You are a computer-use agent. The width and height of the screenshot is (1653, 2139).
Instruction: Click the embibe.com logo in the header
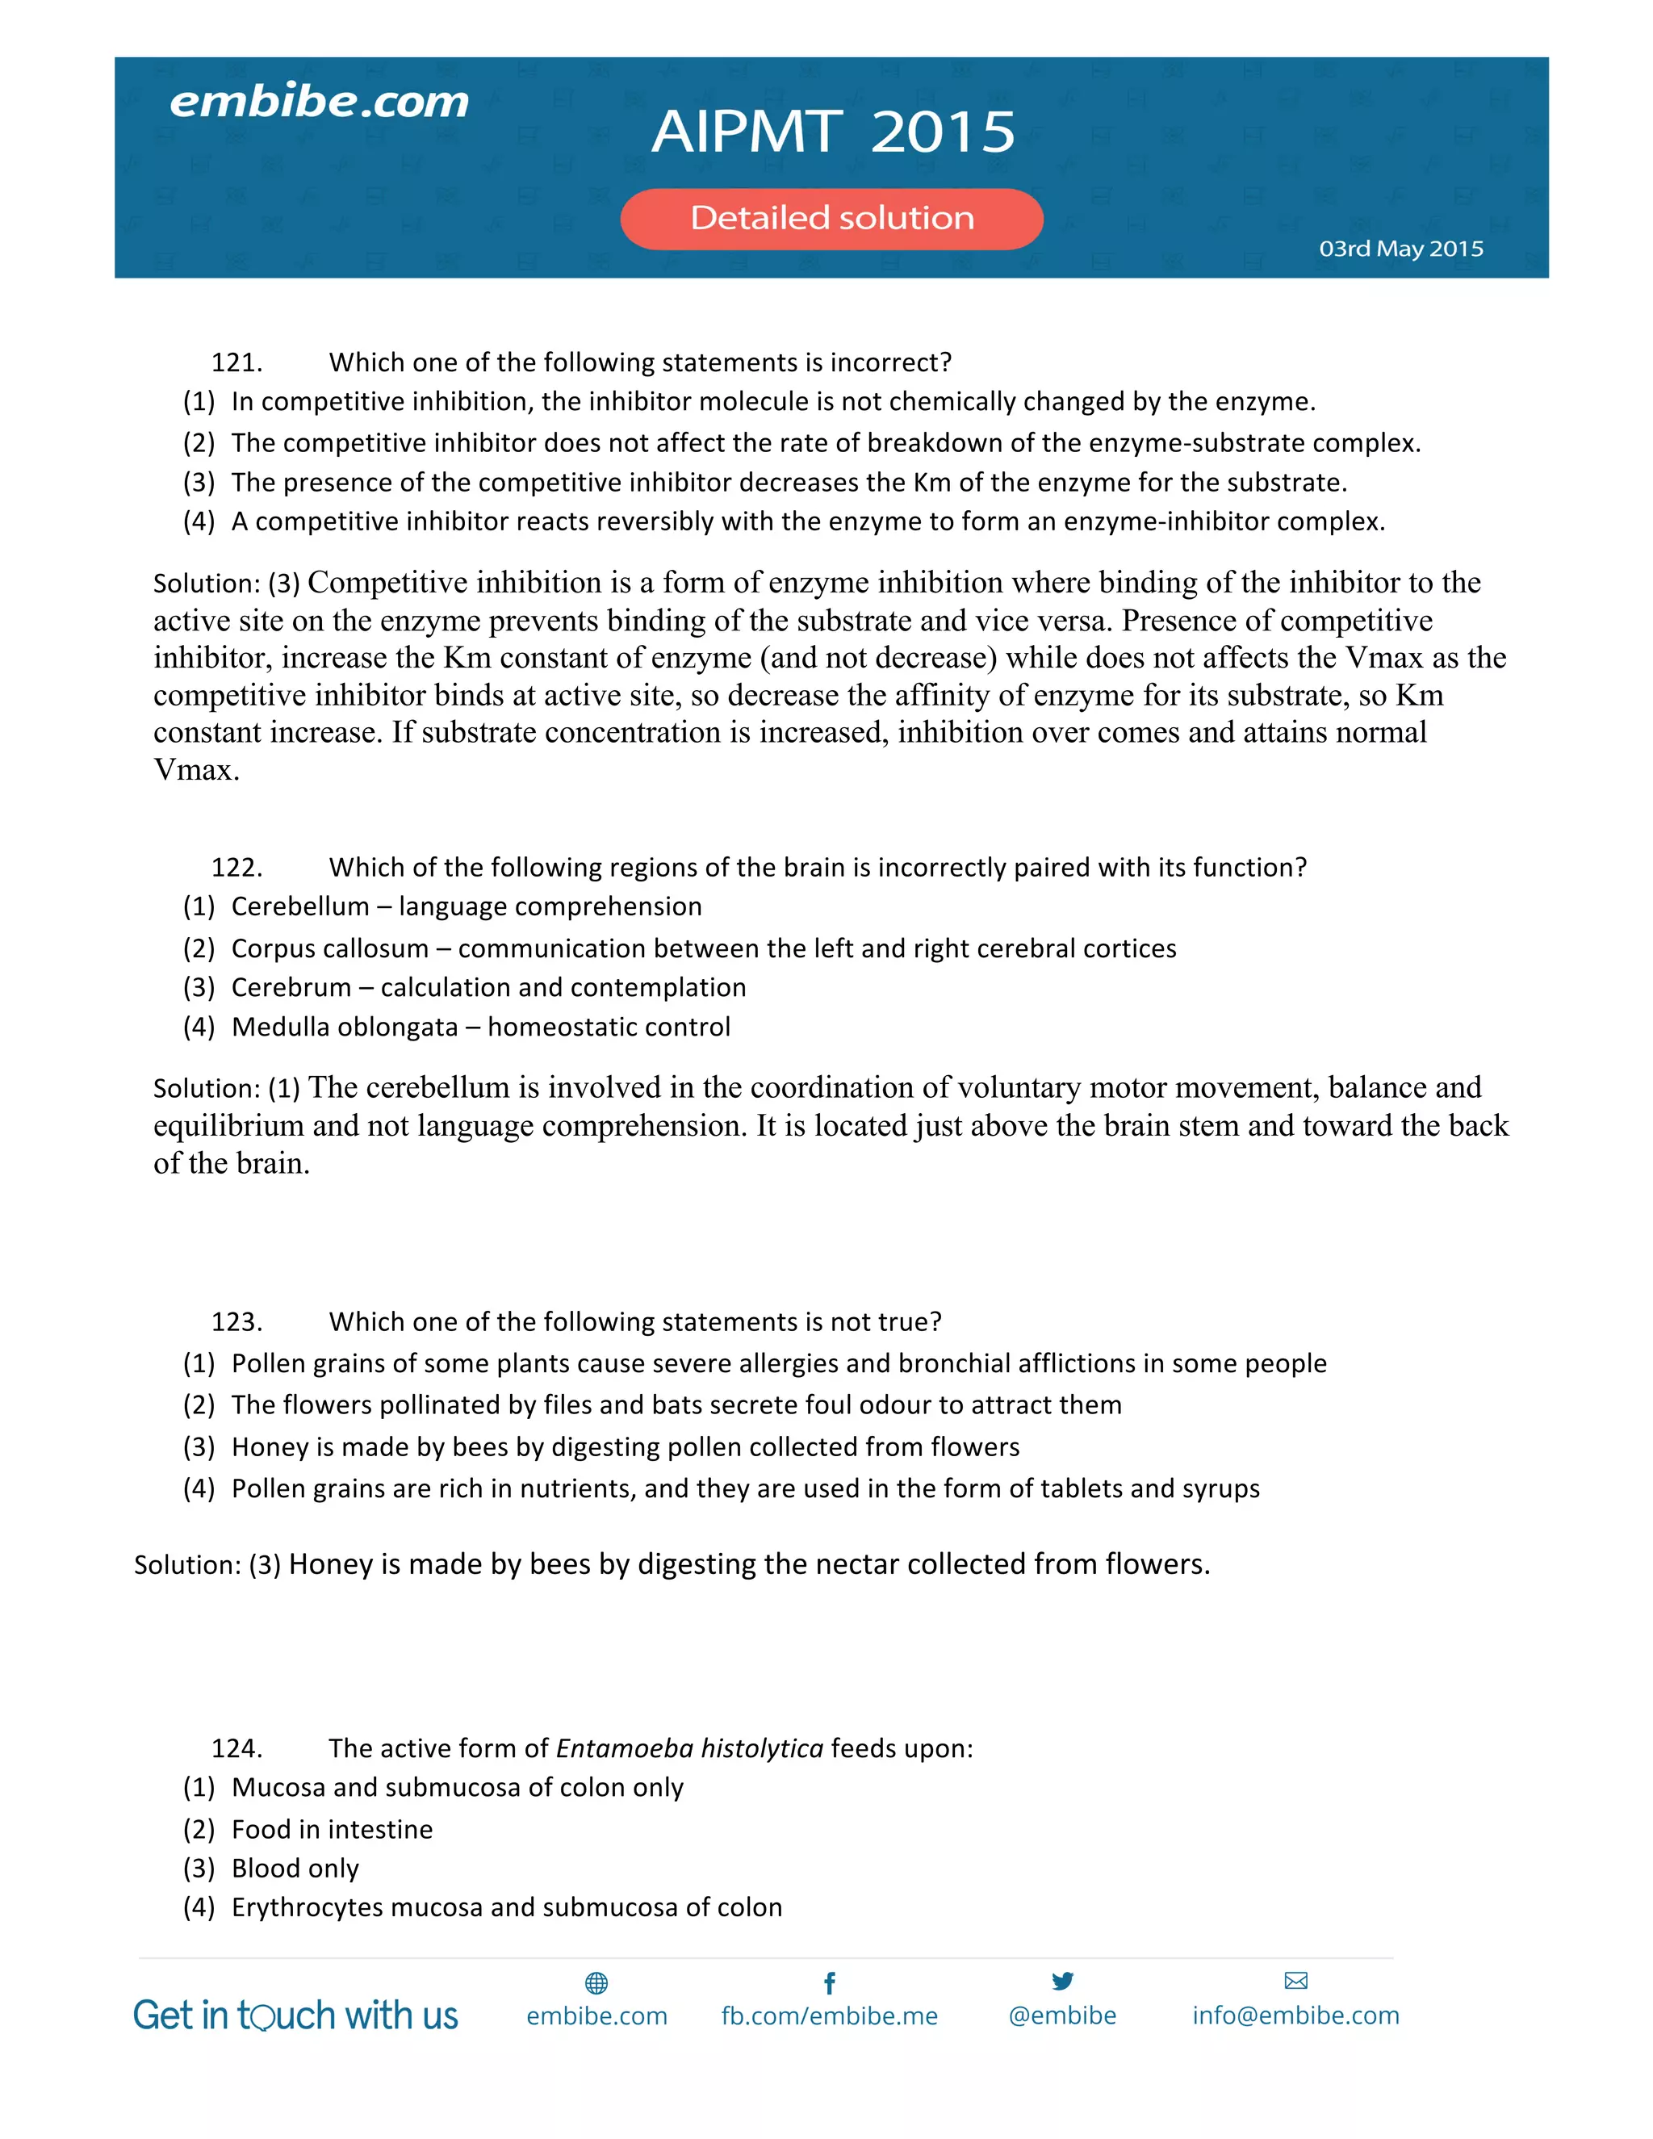point(320,102)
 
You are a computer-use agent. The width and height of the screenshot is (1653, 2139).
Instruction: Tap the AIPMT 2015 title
point(833,132)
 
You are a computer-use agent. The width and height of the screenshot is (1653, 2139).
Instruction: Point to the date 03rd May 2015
point(1400,249)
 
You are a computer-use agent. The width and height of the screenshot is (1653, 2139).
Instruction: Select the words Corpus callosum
point(330,949)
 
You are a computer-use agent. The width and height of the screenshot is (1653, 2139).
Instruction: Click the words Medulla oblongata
point(345,1028)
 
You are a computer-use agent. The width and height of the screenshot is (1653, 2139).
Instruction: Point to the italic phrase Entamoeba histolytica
point(689,1748)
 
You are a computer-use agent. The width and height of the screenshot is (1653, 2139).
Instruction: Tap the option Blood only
point(295,1869)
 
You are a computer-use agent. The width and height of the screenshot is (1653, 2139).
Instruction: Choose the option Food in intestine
point(332,1830)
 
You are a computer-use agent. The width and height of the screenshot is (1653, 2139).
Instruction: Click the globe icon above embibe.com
point(596,1983)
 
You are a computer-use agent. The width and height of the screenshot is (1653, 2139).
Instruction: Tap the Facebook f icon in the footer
point(830,1983)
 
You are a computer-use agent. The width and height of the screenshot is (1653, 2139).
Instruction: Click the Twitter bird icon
point(1062,1982)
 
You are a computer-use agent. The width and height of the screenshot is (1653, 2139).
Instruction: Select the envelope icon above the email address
point(1295,1982)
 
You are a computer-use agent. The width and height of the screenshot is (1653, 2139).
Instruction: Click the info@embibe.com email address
point(1295,2016)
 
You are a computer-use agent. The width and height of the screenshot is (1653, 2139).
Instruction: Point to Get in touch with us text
point(295,2016)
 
